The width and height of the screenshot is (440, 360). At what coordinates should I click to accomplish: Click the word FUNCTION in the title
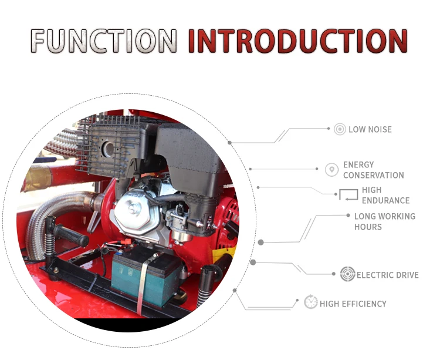coord(103,41)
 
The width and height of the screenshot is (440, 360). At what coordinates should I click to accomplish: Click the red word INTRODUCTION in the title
coord(297,41)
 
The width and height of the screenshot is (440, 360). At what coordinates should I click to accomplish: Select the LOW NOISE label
coord(370,129)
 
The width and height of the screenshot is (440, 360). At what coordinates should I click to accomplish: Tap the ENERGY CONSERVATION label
coord(373,170)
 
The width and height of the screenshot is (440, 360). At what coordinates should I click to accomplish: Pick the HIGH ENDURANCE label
coord(385,195)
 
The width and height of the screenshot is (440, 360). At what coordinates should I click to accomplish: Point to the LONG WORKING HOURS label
coord(384,221)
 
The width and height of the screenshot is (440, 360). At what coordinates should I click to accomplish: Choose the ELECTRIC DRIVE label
coord(387,275)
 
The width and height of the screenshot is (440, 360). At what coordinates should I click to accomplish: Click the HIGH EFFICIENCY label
coord(353,304)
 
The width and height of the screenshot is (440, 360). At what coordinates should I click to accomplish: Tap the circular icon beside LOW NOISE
coord(340,129)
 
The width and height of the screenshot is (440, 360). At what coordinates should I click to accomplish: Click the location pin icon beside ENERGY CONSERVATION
coord(332,170)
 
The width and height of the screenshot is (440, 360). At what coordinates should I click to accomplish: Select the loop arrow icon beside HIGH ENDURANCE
coord(348,195)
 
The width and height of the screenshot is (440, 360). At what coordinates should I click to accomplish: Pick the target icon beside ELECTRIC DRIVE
coord(347,274)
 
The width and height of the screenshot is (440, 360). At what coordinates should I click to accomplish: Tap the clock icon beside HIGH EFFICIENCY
coord(311,303)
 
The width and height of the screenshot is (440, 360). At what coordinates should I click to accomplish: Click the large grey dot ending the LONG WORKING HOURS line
coord(261,242)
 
